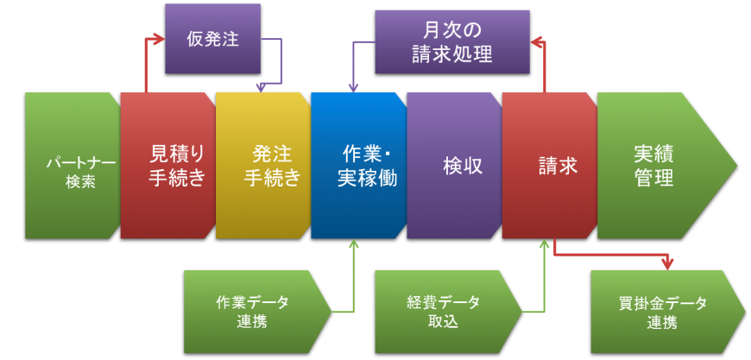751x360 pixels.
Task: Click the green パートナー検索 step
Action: tap(73, 166)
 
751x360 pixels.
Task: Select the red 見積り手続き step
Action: tap(168, 166)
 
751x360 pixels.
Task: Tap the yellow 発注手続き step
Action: tap(263, 166)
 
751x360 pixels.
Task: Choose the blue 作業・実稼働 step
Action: tap(358, 166)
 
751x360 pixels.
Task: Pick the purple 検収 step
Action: tap(454, 166)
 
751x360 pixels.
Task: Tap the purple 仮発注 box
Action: tap(212, 39)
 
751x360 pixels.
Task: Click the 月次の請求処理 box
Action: tap(452, 41)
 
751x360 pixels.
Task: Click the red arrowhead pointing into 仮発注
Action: tap(158, 39)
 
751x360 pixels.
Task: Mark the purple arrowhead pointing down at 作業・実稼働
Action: tap(353, 86)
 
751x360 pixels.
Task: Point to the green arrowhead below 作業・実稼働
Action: tap(353, 244)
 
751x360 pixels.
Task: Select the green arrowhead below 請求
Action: tap(544, 244)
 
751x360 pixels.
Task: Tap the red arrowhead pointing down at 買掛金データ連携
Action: tap(666, 263)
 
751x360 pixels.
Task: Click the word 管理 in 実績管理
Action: tap(653, 177)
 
